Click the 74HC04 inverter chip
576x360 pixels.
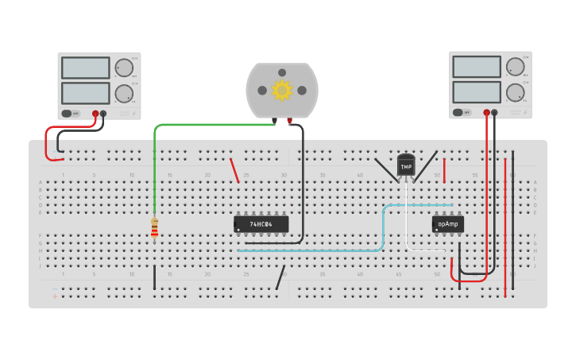261,224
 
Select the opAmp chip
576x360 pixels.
448,224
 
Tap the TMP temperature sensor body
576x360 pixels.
406,165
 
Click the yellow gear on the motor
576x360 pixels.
282,90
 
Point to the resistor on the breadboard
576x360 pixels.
154,227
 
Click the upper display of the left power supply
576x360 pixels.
85,68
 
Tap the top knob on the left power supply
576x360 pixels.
124,68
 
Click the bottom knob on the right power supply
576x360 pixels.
516,92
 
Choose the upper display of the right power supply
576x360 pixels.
477,67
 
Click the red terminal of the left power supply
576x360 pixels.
95,114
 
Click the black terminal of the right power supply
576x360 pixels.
495,113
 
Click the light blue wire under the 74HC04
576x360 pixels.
318,250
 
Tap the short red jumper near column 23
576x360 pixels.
234,170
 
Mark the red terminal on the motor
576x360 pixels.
290,121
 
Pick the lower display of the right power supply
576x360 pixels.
477,91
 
